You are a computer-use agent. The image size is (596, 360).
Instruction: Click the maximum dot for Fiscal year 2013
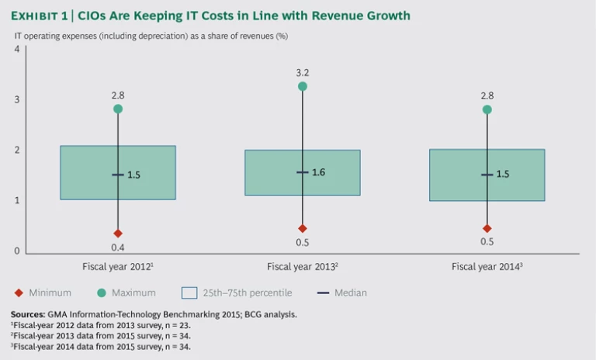(x=303, y=86)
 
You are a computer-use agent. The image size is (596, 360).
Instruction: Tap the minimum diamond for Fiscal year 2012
(x=118, y=233)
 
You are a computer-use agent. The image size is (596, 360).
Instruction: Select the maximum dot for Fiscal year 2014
(x=487, y=109)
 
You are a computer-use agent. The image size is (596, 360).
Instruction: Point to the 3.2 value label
(x=303, y=72)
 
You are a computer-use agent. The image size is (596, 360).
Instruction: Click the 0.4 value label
(x=118, y=247)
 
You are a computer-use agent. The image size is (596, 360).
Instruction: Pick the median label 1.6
(x=318, y=171)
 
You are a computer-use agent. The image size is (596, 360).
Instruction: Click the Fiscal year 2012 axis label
(x=117, y=267)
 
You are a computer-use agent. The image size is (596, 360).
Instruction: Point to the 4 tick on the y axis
(x=16, y=50)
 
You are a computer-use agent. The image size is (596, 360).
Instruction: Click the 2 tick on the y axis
(x=16, y=151)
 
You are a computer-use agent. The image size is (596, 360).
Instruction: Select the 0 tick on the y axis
(x=16, y=251)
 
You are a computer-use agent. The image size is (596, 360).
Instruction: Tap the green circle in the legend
(x=102, y=293)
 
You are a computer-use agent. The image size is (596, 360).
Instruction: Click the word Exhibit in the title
(x=37, y=16)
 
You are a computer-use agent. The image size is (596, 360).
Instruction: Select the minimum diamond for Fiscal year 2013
(x=303, y=228)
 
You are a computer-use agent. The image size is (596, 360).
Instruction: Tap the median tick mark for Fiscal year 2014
(x=487, y=175)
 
